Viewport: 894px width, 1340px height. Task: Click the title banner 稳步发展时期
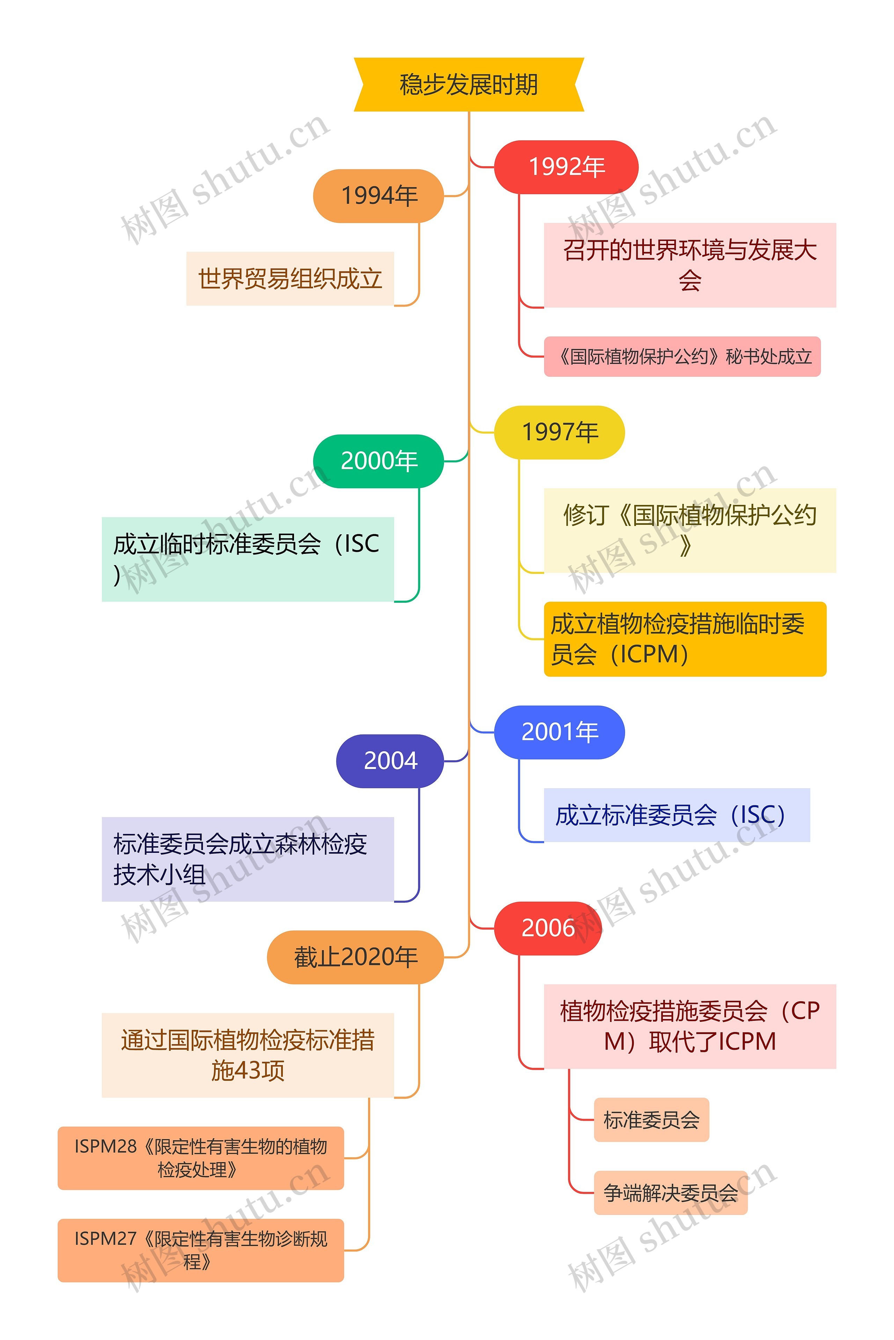click(469, 85)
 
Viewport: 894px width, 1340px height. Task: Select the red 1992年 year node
click(566, 167)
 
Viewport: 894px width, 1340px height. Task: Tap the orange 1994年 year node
click(379, 196)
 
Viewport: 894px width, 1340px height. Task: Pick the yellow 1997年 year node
click(559, 432)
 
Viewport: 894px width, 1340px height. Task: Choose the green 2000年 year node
click(379, 461)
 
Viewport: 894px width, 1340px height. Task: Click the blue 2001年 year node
click(559, 732)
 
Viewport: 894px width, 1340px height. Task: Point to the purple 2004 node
click(390, 761)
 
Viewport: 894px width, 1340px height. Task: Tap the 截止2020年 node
click(355, 957)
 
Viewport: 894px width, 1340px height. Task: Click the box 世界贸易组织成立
click(290, 279)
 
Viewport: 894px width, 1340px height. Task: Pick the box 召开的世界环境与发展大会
click(689, 265)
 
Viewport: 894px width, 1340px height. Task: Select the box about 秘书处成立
click(682, 356)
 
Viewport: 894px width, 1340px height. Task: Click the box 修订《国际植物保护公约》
click(689, 530)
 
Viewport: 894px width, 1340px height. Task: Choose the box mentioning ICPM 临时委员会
click(685, 639)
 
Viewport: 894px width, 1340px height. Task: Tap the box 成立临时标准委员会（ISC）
click(248, 559)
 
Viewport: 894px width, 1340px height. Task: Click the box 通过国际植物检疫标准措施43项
click(248, 1055)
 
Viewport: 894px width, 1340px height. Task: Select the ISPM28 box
click(201, 1158)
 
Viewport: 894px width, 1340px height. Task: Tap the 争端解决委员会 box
click(670, 1192)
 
